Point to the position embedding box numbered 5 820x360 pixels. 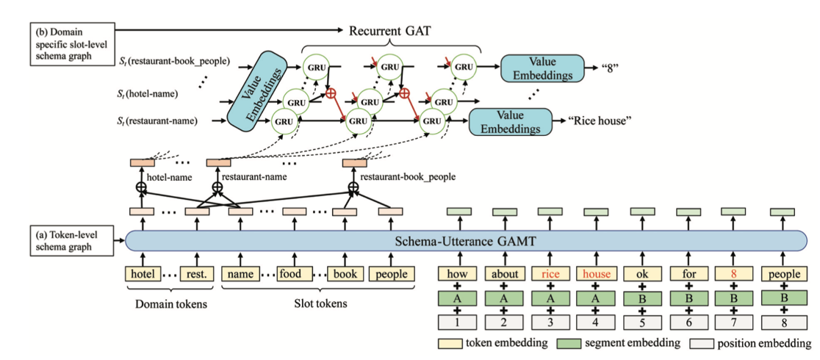[x=641, y=321]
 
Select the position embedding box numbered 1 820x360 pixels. [x=458, y=321]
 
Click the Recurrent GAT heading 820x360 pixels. [x=390, y=31]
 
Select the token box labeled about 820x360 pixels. [x=503, y=274]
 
